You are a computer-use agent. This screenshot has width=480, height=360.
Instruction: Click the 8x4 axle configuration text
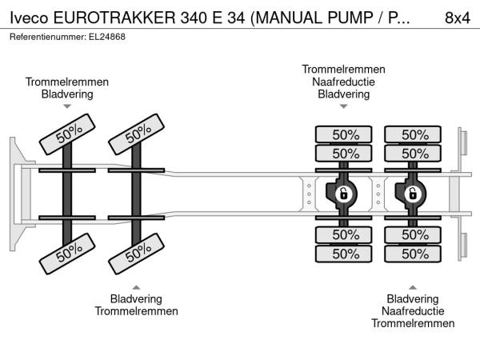tap(457, 18)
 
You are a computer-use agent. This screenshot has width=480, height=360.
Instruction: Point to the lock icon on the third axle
tap(343, 193)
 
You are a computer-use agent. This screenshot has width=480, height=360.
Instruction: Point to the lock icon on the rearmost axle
tap(414, 193)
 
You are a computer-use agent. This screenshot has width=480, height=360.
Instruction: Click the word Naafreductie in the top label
tap(343, 82)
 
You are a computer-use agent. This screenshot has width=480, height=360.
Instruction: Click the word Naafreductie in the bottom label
tap(413, 311)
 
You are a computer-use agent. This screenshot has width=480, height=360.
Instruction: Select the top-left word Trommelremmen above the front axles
tap(67, 82)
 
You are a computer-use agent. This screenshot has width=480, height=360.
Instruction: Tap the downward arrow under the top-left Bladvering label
tap(67, 106)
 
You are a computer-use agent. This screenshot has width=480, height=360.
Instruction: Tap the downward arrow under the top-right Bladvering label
tap(343, 106)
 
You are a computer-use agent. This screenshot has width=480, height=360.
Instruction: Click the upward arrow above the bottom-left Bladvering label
tap(137, 286)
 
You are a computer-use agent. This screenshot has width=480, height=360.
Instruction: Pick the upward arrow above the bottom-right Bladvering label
tap(413, 286)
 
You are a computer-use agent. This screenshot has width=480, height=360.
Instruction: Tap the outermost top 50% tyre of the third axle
tap(345, 134)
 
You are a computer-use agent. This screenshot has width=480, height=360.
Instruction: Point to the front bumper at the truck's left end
tap(16, 193)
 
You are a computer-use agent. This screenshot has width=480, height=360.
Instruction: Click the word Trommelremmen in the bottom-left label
tap(137, 311)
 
